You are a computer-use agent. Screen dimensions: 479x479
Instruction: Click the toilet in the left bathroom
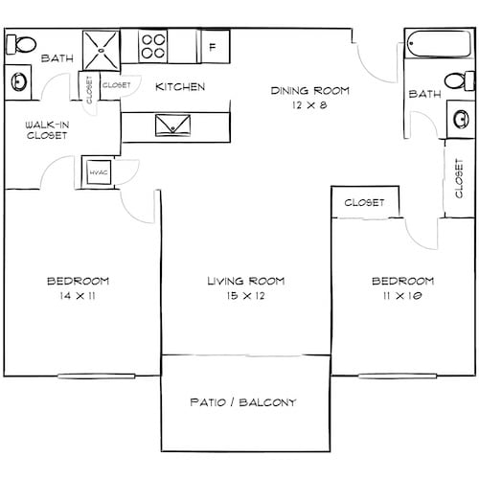[x=22, y=43]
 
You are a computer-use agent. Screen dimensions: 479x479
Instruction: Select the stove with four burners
[x=153, y=46]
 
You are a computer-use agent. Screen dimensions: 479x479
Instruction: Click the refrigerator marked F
[x=213, y=45]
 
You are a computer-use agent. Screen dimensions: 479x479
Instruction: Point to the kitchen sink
[x=172, y=125]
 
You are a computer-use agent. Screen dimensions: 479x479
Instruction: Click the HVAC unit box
[x=98, y=171]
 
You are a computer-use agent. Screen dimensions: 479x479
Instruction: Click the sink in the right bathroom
[x=458, y=119]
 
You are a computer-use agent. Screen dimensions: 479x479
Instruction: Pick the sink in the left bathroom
[x=19, y=81]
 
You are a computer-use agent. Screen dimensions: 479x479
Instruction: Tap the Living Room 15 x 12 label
[x=246, y=288]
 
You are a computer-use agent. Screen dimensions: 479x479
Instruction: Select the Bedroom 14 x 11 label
[x=78, y=288]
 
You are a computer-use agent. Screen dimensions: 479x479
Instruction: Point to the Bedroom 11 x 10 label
[x=402, y=288]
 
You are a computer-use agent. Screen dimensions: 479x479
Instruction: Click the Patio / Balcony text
[x=245, y=401]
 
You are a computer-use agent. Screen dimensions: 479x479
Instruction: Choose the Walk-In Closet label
[x=46, y=129]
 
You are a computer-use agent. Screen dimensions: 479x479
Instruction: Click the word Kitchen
[x=180, y=87]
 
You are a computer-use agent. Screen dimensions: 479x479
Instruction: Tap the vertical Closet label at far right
[x=462, y=178]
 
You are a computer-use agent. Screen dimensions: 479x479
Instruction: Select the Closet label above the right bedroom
[x=364, y=203]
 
